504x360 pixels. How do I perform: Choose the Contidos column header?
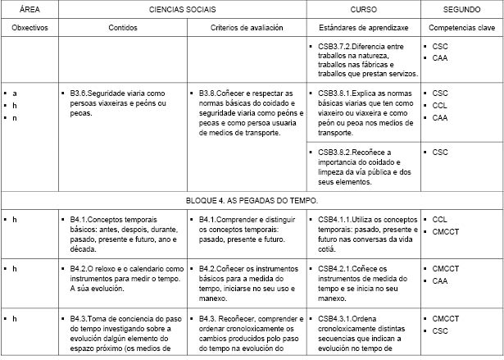click(x=123, y=27)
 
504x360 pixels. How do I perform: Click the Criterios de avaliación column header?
click(x=247, y=27)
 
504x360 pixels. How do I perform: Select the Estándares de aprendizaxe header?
click(x=363, y=27)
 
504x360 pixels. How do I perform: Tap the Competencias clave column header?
click(x=461, y=27)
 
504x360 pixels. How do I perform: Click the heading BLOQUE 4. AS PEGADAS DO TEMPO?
click(x=252, y=199)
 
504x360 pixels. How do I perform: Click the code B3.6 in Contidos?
click(x=79, y=93)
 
